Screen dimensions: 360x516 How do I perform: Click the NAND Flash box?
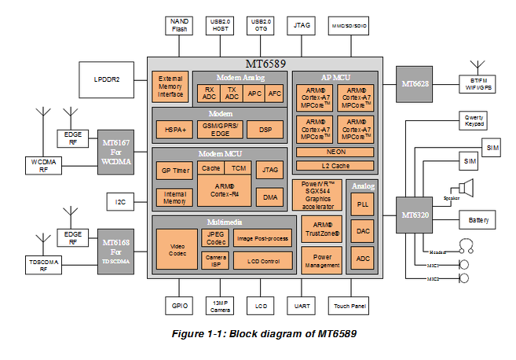(x=178, y=26)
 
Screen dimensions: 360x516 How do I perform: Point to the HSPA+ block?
(x=170, y=129)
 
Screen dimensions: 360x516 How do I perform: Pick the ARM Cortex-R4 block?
(x=223, y=189)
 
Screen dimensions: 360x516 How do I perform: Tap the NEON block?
(x=336, y=151)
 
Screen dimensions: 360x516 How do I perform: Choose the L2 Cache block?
(x=336, y=165)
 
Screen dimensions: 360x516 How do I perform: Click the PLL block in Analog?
(x=363, y=204)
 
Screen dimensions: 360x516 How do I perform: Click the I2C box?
(x=120, y=202)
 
